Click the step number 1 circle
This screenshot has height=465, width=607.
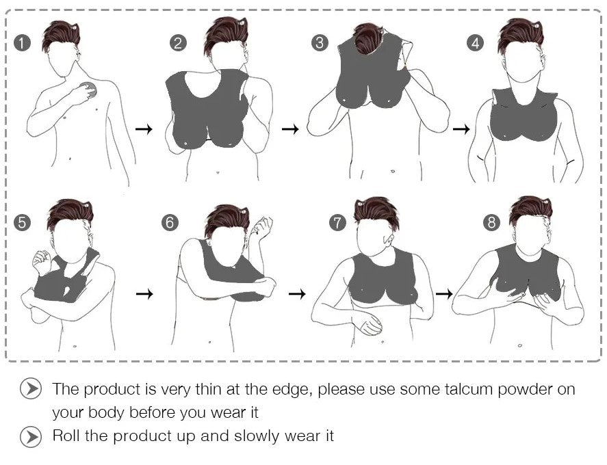pyautogui.click(x=22, y=42)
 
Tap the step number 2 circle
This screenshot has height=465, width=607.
pyautogui.click(x=178, y=42)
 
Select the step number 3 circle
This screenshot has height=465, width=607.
pyautogui.click(x=320, y=42)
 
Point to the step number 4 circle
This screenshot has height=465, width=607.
pyautogui.click(x=476, y=42)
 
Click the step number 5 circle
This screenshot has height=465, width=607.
pyautogui.click(x=22, y=222)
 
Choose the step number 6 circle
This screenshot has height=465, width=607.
pyautogui.click(x=170, y=222)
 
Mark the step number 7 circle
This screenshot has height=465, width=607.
pyautogui.click(x=337, y=222)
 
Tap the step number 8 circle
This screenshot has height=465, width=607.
pyautogui.click(x=491, y=222)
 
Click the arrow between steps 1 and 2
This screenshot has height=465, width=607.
pyautogui.click(x=144, y=129)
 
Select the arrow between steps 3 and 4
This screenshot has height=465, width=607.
pyautogui.click(x=461, y=129)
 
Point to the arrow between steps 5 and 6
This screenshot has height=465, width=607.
pyautogui.click(x=145, y=294)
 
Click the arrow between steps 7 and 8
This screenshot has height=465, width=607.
pyautogui.click(x=444, y=294)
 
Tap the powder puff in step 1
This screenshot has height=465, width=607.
pyautogui.click(x=88, y=90)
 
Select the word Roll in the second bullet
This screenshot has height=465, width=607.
pyautogui.click(x=66, y=436)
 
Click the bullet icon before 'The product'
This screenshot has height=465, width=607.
pyautogui.click(x=31, y=388)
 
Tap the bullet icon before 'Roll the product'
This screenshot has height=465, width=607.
pyautogui.click(x=31, y=437)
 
